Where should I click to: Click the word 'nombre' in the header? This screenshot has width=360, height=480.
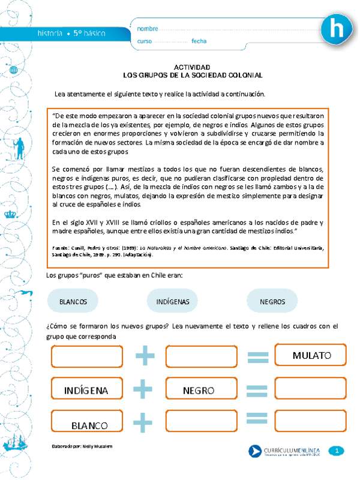click(148, 29)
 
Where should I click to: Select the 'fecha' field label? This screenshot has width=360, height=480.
click(199, 41)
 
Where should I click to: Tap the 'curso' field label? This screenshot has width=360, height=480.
click(145, 41)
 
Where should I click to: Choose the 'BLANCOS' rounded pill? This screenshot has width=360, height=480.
click(74, 301)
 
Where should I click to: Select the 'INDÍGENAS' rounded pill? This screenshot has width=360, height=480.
click(173, 301)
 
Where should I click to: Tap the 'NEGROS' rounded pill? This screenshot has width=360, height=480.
click(272, 301)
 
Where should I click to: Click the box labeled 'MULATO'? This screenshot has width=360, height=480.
click(311, 356)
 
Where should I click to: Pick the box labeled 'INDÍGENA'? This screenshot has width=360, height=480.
click(86, 390)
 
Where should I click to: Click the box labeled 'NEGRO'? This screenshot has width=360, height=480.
click(199, 390)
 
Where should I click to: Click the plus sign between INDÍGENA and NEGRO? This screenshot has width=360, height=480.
click(143, 389)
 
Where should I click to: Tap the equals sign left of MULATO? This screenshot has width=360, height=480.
click(257, 358)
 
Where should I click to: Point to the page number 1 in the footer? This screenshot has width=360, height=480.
click(338, 451)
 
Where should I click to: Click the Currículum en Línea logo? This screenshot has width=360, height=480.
click(285, 451)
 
